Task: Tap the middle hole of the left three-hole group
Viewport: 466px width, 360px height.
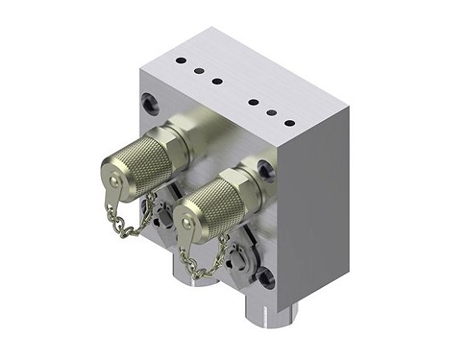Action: coord(198,71)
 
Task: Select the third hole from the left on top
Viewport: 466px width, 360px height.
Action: coord(217,80)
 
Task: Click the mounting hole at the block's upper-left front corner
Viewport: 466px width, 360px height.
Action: coord(149,101)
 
